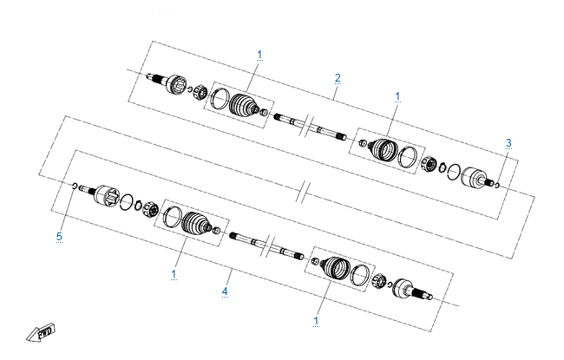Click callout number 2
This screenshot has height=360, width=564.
[338, 78]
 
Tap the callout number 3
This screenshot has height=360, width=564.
[508, 143]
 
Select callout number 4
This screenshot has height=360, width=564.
[225, 291]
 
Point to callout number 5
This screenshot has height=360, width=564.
[59, 236]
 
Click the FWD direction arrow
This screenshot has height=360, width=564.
[41, 332]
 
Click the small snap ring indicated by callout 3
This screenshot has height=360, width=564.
[497, 186]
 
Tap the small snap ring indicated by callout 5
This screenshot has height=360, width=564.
[75, 186]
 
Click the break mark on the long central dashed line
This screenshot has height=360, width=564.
[304, 193]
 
